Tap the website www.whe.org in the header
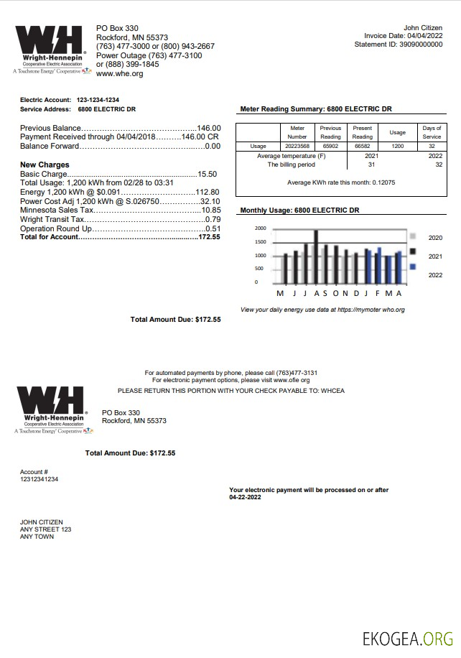[x=119, y=74]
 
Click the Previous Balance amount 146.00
[x=209, y=128]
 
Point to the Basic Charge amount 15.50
[x=208, y=175]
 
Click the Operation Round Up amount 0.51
[x=213, y=228]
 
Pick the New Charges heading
[x=45, y=165]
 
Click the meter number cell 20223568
[x=297, y=146]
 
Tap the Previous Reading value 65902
[x=330, y=146]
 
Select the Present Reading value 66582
[x=363, y=146]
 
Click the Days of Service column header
[x=432, y=132]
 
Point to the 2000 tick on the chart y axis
[x=260, y=228]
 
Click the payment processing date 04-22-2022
[x=246, y=497]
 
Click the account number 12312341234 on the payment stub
[x=39, y=479]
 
